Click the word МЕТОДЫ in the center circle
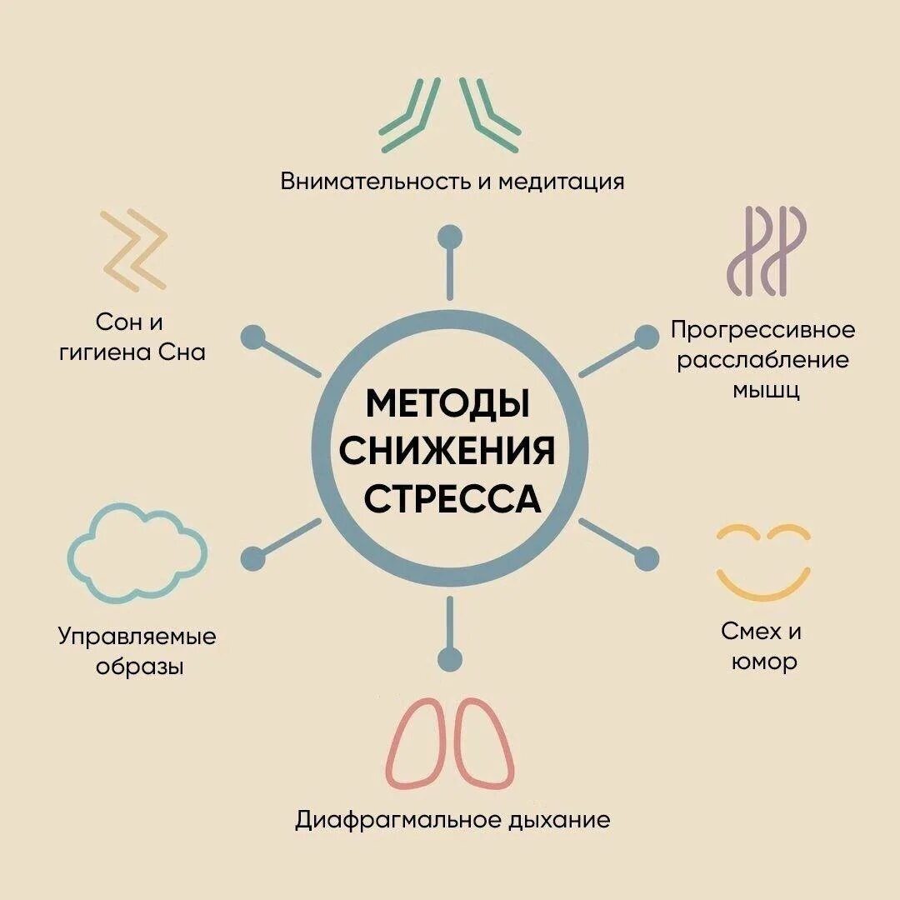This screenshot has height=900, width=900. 448,404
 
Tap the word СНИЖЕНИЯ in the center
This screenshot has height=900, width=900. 448,452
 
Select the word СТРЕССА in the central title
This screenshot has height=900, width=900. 452,499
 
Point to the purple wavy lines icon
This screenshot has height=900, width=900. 766,250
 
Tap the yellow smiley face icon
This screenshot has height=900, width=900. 762,562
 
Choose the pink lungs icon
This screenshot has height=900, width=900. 451,742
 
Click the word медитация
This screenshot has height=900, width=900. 561,181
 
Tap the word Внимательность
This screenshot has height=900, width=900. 376,181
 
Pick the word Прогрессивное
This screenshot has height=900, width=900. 762,330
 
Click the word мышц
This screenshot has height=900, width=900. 766,390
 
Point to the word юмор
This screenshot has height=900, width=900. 764,662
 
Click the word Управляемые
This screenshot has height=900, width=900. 137,637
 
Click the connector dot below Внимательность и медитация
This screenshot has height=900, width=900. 450,235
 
